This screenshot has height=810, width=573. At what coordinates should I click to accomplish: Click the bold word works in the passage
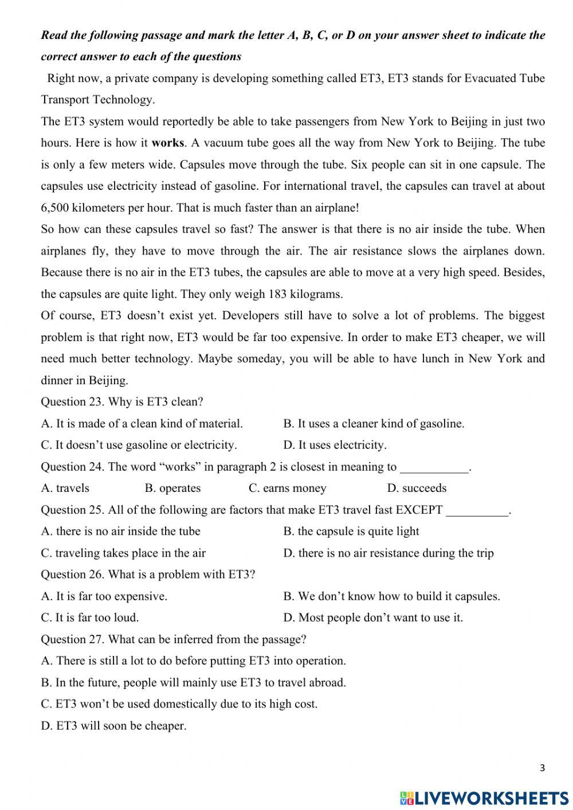(x=168, y=143)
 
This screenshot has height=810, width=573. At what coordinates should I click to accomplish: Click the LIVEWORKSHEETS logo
(x=484, y=798)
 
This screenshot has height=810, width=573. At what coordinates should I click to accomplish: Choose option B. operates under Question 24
(x=172, y=488)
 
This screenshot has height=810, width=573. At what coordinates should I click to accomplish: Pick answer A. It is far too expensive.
(x=104, y=596)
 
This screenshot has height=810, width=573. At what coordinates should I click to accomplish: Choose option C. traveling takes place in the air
(x=123, y=553)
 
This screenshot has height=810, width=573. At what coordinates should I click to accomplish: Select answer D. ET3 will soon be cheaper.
(x=113, y=726)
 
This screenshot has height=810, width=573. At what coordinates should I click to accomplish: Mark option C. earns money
(x=287, y=488)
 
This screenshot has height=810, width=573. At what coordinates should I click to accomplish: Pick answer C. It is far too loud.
(x=90, y=617)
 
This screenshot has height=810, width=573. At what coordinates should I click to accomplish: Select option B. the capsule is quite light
(x=351, y=531)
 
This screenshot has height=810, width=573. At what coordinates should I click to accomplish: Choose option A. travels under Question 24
(x=65, y=488)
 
